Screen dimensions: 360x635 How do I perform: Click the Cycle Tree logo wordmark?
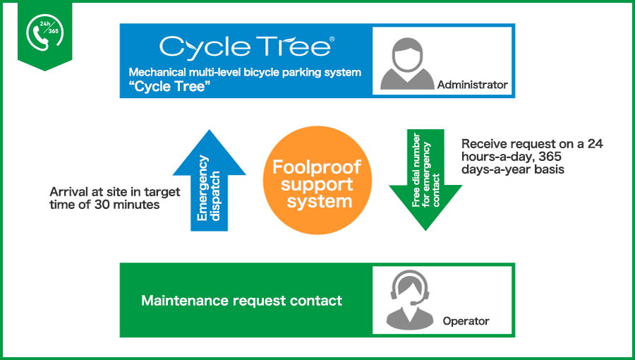pyautogui.click(x=244, y=47)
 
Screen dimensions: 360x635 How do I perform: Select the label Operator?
pyautogui.click(x=466, y=321)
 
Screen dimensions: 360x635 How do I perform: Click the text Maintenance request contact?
pyautogui.click(x=241, y=301)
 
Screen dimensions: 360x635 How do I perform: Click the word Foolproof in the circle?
pyautogui.click(x=317, y=169)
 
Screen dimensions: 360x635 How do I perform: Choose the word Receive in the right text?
pyautogui.click(x=482, y=144)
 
